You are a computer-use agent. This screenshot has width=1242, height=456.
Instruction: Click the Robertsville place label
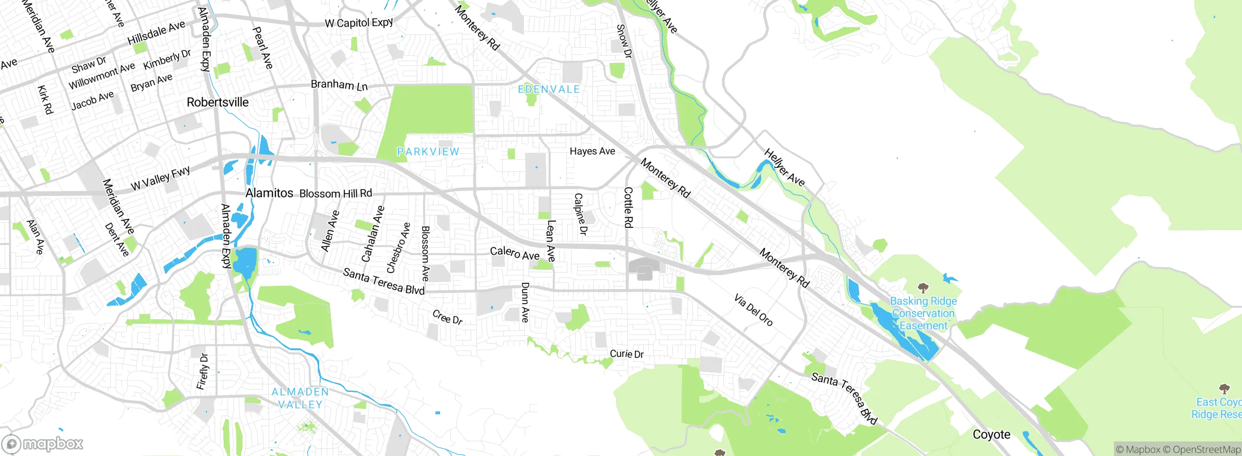click(x=217, y=102)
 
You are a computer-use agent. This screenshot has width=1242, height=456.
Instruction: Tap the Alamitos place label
click(x=269, y=193)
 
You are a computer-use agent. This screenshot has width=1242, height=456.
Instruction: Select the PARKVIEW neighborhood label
click(x=428, y=152)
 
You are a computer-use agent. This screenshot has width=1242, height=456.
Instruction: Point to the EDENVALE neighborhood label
click(x=549, y=89)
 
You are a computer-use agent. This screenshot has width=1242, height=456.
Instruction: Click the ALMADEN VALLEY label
click(x=300, y=398)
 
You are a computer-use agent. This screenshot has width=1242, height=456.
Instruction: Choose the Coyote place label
click(x=991, y=434)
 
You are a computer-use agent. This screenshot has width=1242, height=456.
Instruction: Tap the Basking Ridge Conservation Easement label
click(x=923, y=313)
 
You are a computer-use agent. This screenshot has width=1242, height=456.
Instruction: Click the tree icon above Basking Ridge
click(x=923, y=287)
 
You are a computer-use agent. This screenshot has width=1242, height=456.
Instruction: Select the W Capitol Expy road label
click(x=359, y=23)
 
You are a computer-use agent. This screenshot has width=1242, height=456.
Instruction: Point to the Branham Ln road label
click(x=339, y=85)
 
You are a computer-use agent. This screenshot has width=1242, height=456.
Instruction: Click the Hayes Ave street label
click(x=592, y=151)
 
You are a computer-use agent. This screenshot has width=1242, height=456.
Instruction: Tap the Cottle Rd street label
click(x=628, y=208)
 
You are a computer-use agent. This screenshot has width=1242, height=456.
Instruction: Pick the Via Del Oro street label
click(x=753, y=310)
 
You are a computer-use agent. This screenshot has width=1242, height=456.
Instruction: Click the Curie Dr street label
click(x=626, y=354)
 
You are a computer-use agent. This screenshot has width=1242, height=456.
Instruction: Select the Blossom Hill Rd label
click(x=336, y=193)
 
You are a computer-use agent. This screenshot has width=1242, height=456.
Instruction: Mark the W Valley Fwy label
click(x=160, y=178)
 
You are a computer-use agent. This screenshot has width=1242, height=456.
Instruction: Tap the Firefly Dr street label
click(x=202, y=372)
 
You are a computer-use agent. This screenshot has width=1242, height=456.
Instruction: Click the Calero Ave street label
click(x=514, y=253)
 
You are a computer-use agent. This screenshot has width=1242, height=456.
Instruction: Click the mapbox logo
click(x=43, y=443)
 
